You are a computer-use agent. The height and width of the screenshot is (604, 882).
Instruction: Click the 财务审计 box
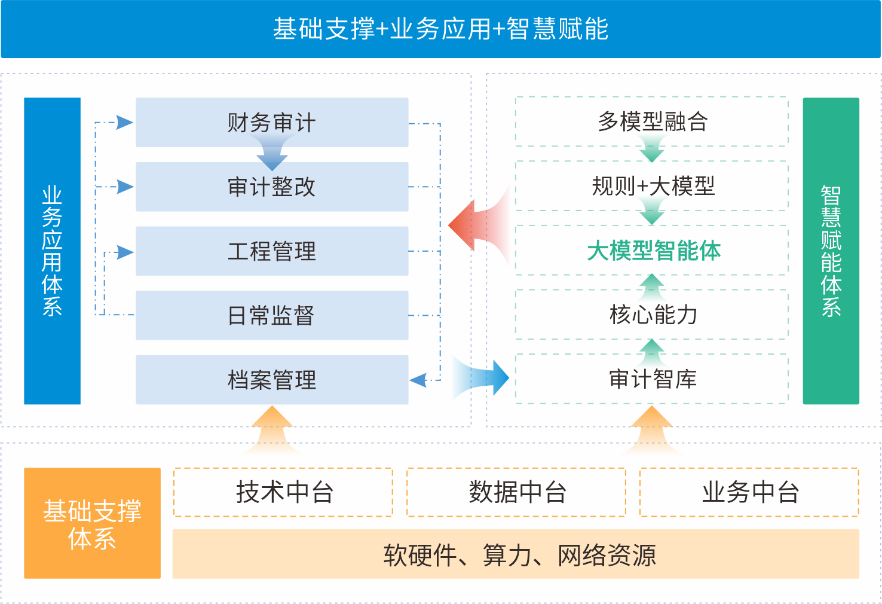coord(272,122)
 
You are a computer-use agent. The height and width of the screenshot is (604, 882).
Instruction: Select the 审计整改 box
coord(272,187)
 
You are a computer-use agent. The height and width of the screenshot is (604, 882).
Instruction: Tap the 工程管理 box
coord(272,251)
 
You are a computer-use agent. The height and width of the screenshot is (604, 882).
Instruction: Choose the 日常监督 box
coord(272,315)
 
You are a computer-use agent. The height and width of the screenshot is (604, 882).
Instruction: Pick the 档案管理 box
coord(272,380)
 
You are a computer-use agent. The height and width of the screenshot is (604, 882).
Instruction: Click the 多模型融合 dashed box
coord(652,121)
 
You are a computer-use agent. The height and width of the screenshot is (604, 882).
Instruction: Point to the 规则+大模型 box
coord(652,186)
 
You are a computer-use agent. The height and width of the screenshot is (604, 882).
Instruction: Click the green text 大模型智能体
coord(654,251)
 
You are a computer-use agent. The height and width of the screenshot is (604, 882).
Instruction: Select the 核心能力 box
coord(652,315)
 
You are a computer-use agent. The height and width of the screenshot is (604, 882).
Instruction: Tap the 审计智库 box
coord(652,379)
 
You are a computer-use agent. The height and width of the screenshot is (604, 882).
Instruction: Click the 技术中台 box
coord(283,492)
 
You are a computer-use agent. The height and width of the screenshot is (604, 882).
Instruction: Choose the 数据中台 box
coord(516,492)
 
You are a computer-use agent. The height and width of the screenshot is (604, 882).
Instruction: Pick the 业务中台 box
coord(749,492)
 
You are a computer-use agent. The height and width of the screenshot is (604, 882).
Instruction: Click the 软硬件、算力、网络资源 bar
coord(516,554)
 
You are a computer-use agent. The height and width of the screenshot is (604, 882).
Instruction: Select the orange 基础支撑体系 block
coord(92,523)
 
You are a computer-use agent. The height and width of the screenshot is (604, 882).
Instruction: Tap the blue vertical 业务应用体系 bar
coord(52,251)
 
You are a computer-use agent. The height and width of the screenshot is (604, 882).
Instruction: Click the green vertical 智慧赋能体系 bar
coord(831,251)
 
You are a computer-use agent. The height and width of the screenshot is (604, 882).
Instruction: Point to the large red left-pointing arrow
coord(472,225)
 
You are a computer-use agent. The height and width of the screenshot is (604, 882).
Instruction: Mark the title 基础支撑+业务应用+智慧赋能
coord(440,29)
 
